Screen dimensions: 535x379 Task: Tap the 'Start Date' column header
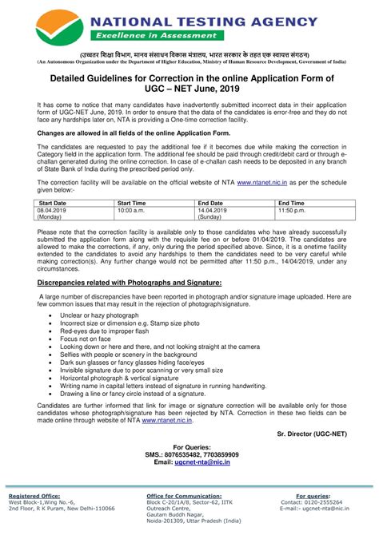coord(53,204)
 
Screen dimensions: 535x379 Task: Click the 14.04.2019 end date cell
coord(213,210)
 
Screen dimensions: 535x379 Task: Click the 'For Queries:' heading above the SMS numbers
coord(189,447)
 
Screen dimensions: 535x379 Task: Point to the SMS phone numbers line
coord(189,454)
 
